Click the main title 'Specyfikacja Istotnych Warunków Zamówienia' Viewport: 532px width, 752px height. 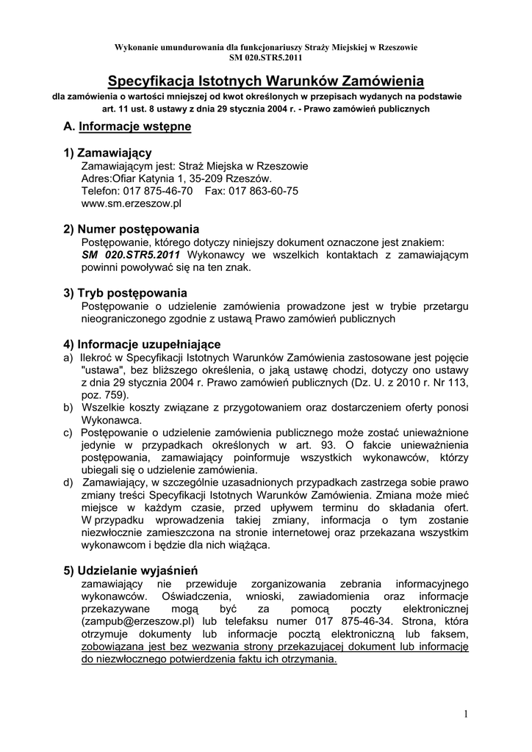(x=266, y=80)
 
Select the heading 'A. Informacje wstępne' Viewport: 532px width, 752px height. (x=127, y=126)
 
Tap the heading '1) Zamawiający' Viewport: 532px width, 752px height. (x=107, y=152)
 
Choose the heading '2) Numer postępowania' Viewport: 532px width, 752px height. (x=132, y=229)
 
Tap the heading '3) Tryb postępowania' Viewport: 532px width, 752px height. (x=126, y=293)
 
